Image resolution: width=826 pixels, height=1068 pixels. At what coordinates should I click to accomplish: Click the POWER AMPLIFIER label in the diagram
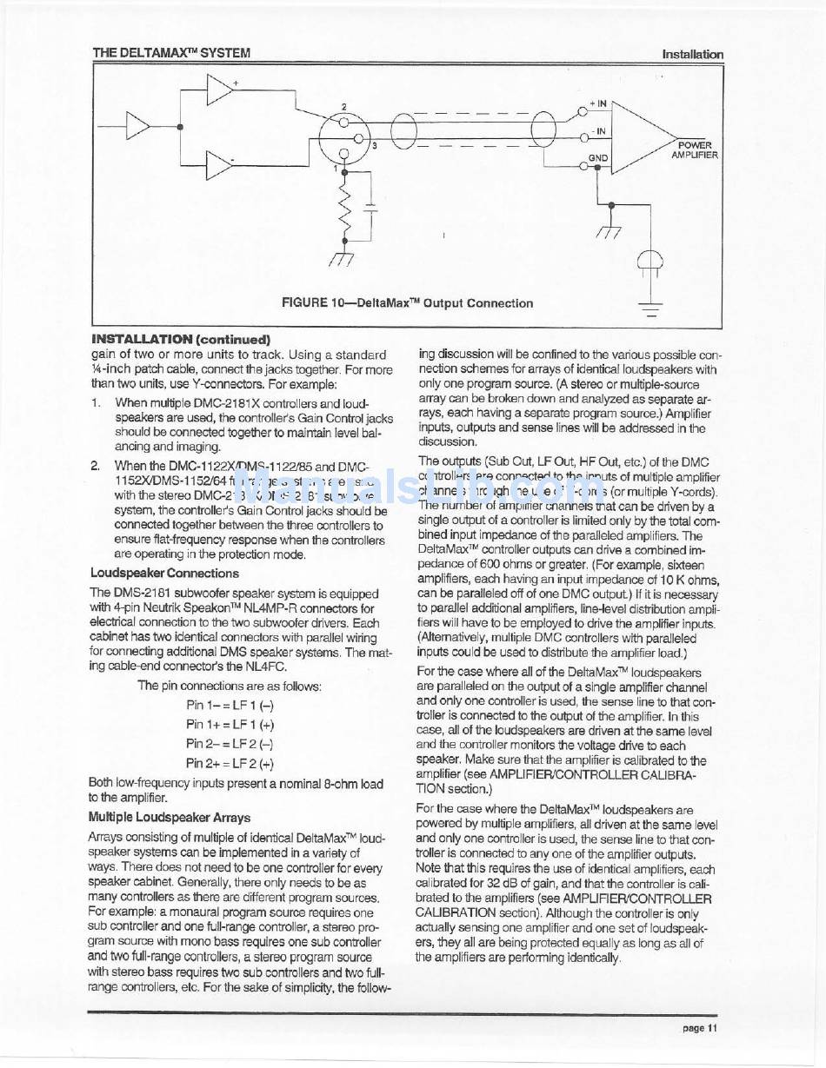pos(694,149)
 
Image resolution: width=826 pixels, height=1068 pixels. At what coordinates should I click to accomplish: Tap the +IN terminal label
pos(598,103)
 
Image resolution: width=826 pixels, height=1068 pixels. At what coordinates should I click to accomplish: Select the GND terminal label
pos(598,158)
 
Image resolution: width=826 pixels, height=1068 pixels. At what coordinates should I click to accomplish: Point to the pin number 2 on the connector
pos(343,107)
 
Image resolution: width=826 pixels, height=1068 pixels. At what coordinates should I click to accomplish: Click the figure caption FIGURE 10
pos(407,303)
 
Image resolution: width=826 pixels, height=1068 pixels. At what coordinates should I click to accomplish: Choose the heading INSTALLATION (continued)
pos(181,340)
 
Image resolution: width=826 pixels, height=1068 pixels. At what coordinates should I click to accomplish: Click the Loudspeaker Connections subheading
pos(164,573)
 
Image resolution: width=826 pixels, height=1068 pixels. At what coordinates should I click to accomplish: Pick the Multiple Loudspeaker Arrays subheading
pos(170,817)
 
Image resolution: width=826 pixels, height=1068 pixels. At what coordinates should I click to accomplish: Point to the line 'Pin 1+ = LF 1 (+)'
pos(230,724)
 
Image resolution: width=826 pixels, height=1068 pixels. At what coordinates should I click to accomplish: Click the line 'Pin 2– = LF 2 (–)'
pos(230,743)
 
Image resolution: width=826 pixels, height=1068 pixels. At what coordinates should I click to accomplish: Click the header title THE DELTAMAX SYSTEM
pos(171,53)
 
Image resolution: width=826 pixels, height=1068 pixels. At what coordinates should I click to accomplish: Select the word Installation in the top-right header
pos(692,54)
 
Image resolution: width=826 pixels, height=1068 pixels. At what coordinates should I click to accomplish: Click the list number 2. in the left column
pos(97,466)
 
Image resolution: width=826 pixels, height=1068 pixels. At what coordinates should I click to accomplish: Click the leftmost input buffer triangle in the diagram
pos(138,127)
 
